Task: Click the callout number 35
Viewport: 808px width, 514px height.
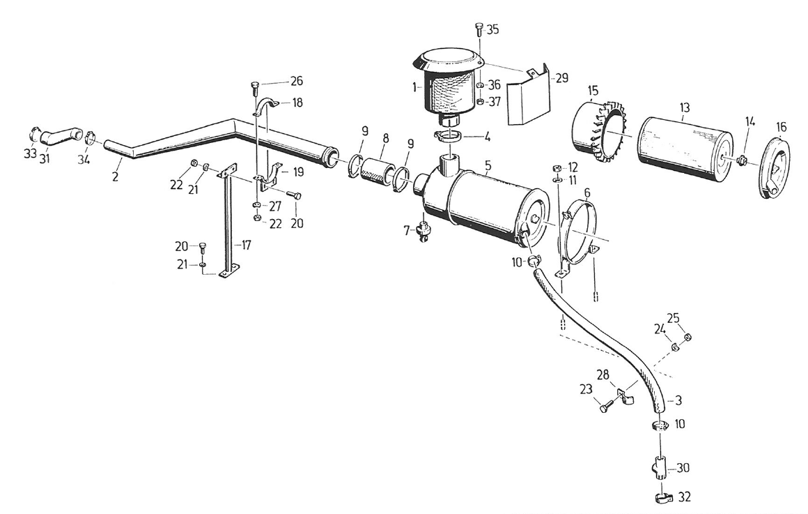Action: (493, 29)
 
